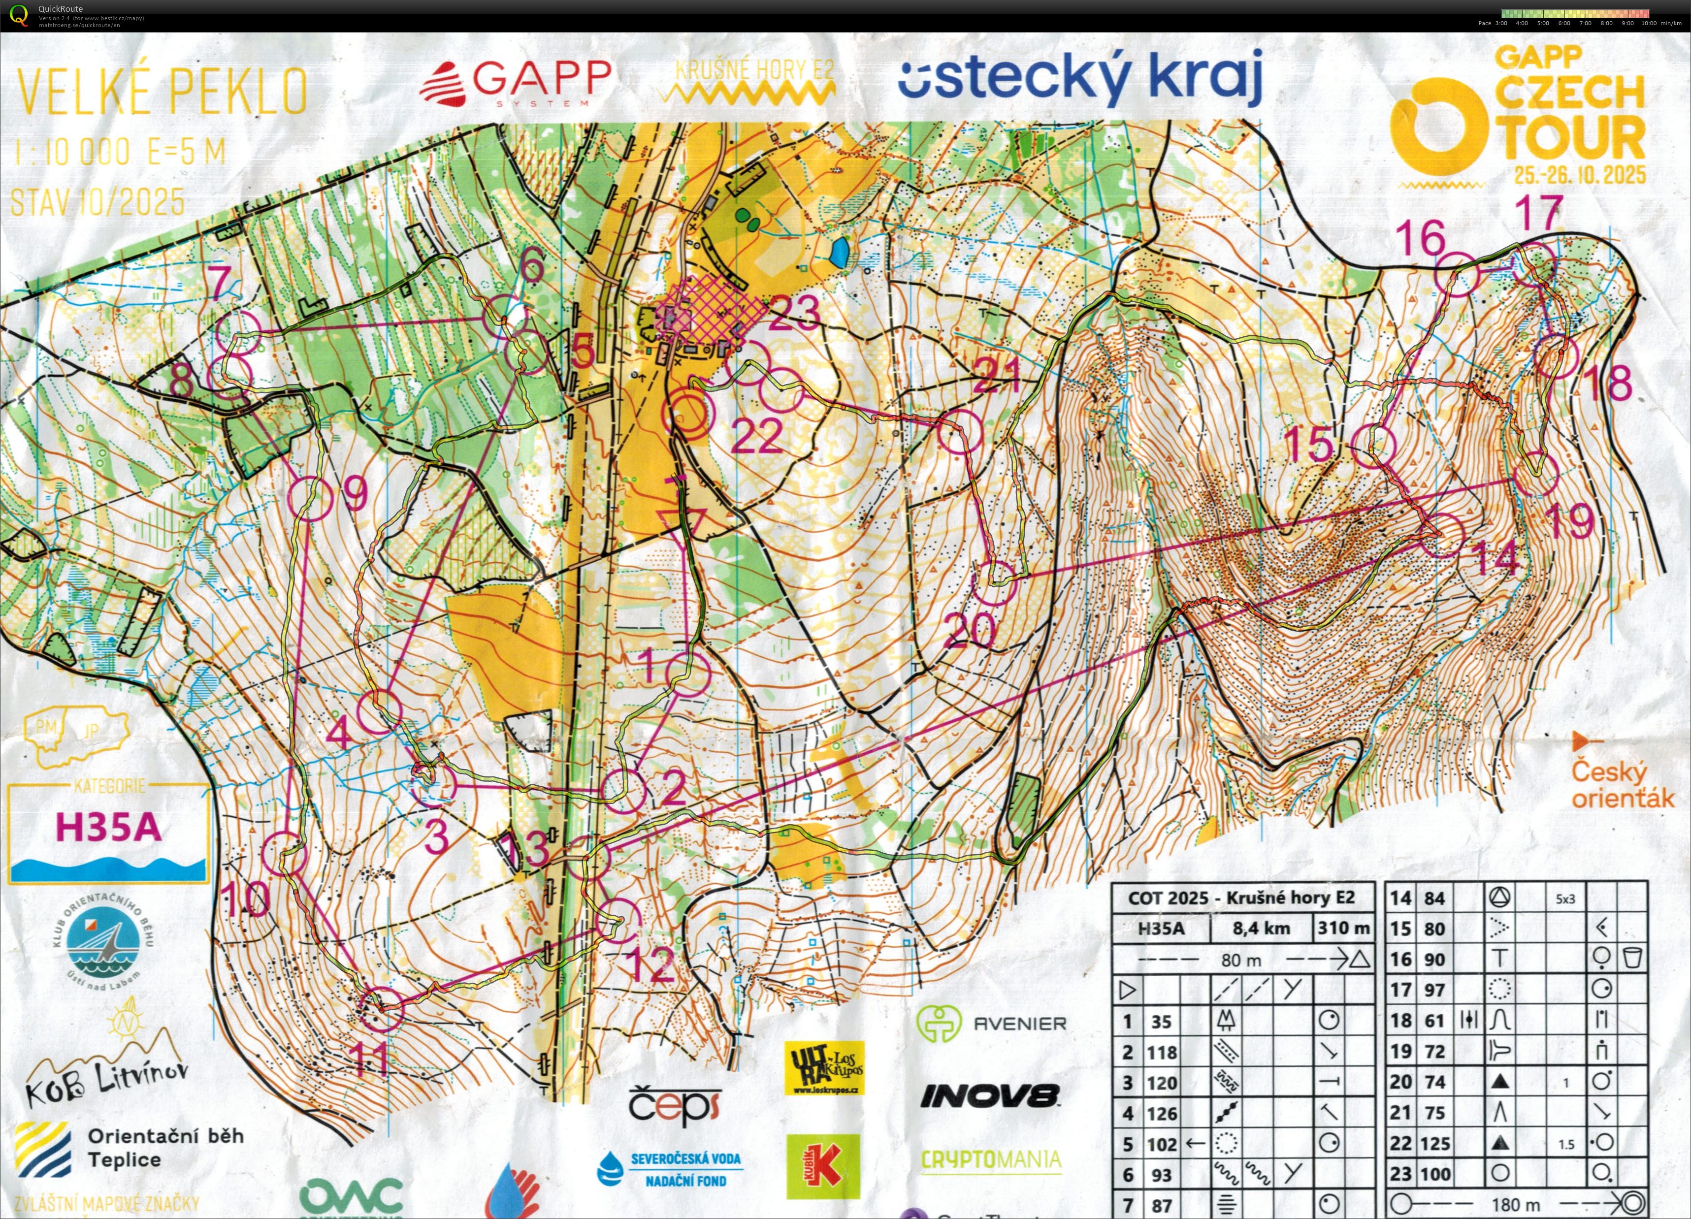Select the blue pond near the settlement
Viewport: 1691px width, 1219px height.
click(839, 254)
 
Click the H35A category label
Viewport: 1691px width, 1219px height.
click(109, 827)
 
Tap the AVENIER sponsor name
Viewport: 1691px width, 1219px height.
click(1019, 1024)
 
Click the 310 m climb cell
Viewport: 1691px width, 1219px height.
click(1343, 928)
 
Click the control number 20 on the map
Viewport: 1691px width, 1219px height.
click(969, 630)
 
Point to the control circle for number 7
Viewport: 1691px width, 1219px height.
click(239, 332)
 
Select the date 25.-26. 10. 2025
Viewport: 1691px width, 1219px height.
click(1580, 175)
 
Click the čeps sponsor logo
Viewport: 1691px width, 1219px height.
click(675, 1106)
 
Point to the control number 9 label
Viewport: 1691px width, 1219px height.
click(356, 492)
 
